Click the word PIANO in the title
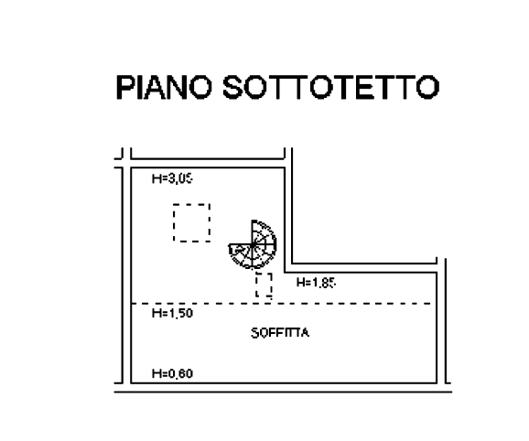164,87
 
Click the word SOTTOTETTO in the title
331,87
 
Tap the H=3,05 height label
172,178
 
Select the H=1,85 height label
316,283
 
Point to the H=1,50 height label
172,313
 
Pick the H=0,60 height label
172,373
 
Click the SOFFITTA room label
280,333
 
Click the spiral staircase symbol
253,245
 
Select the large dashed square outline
191,204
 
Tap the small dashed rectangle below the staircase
264,274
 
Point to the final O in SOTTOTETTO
427,87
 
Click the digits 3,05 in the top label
180,178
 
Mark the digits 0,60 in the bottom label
180,373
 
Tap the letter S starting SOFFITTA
255,333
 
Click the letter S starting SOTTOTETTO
232,87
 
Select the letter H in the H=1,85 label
299,283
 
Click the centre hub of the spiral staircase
253,245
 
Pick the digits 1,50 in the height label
180,313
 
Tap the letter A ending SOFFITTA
305,333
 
